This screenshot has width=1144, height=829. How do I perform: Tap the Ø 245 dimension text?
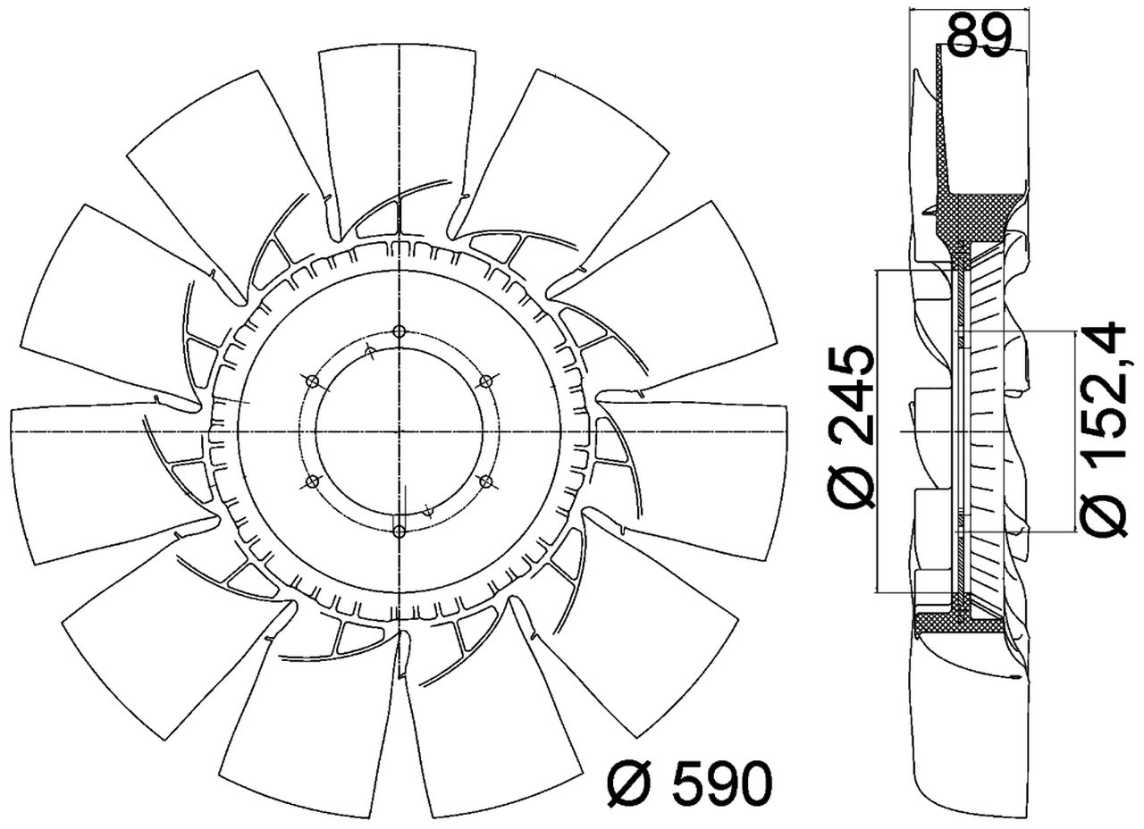pos(850,427)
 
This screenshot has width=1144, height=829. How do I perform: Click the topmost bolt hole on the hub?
pos(400,331)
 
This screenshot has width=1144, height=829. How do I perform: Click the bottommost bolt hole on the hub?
pos(400,532)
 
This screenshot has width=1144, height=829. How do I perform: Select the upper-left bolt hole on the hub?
pos(313,381)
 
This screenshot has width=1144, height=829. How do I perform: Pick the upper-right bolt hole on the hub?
pos(485,381)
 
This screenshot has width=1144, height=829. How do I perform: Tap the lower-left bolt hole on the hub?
pos(312,481)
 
